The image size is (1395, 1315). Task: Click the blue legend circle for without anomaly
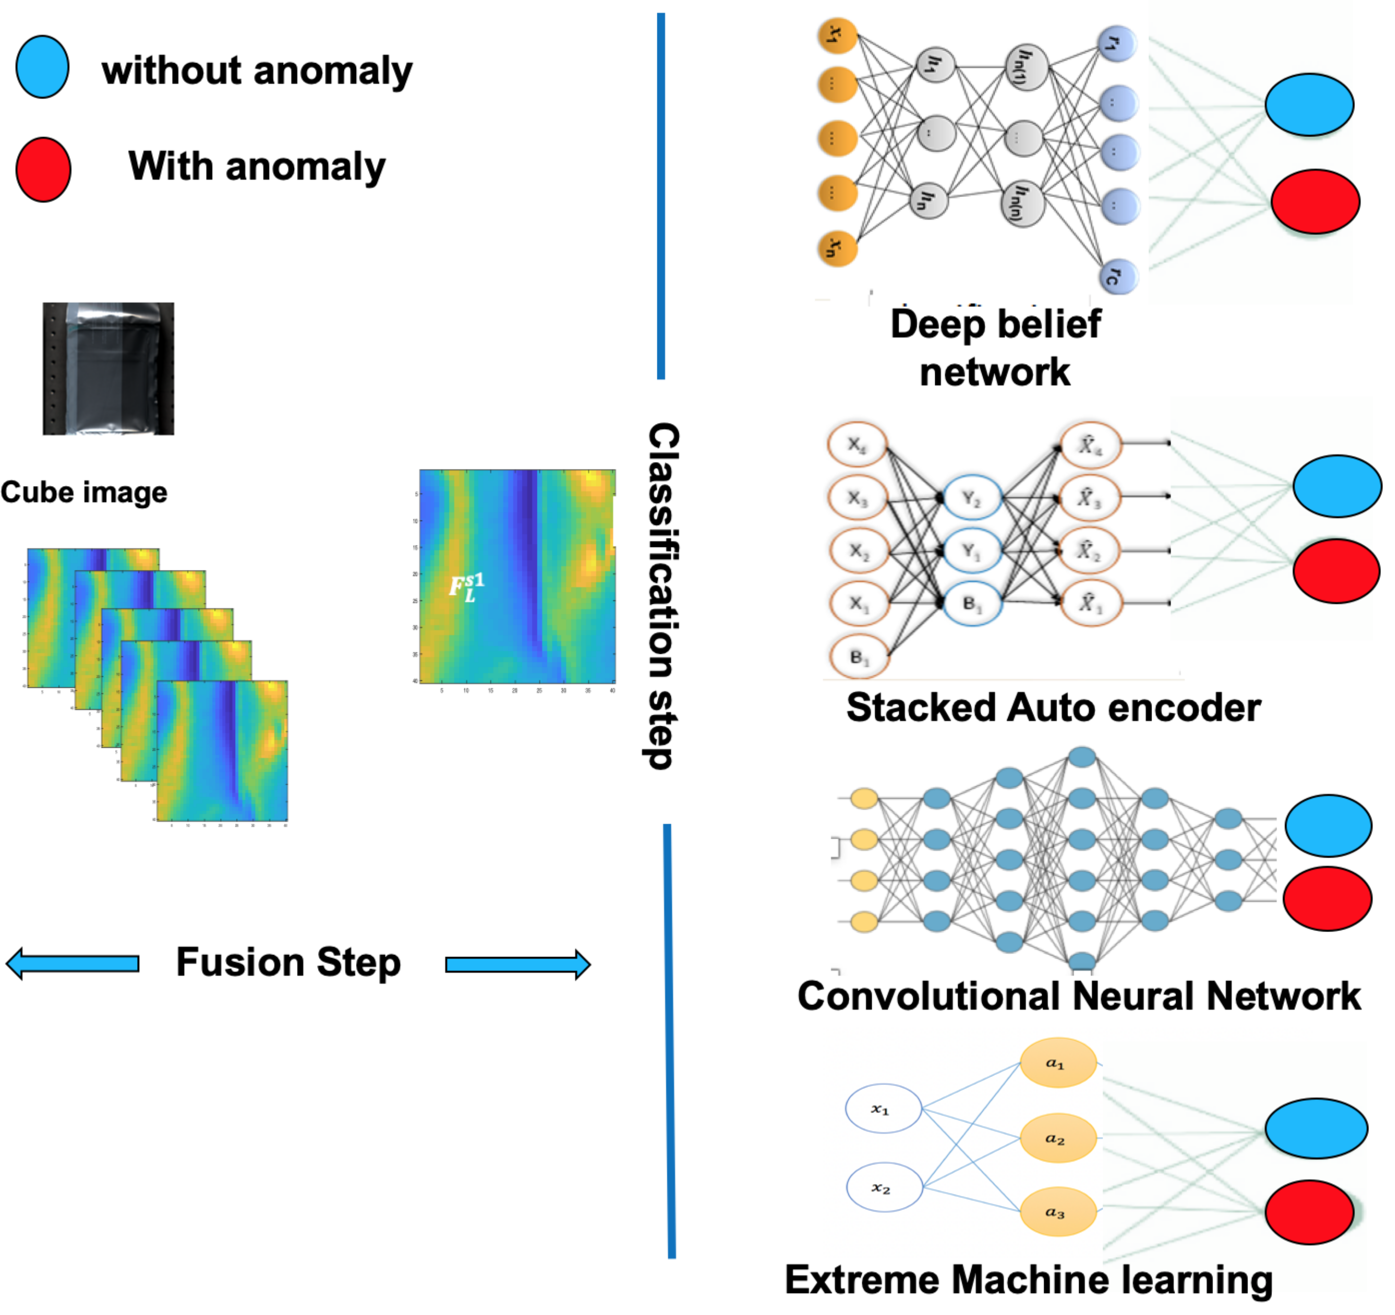pos(42,67)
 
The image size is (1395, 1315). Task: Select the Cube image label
pos(84,492)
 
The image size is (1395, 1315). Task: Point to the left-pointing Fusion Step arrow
pos(73,964)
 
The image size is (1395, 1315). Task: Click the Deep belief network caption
pos(995,348)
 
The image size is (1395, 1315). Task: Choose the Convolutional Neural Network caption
pos(1079,996)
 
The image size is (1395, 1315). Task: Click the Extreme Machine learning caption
pos(1029,1280)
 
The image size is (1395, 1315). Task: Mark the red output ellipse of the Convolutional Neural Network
pos(1328,898)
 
